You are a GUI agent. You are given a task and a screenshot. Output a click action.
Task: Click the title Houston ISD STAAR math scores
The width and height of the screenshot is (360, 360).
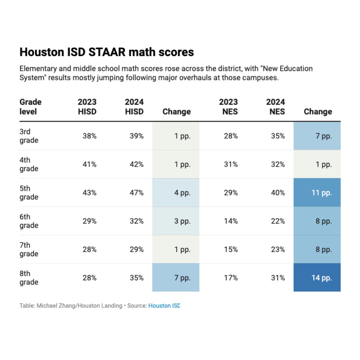click(x=107, y=52)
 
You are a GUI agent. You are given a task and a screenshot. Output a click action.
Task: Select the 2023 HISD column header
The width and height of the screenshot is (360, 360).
click(x=87, y=107)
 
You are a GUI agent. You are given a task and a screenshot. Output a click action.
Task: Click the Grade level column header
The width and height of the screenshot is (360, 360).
click(x=31, y=107)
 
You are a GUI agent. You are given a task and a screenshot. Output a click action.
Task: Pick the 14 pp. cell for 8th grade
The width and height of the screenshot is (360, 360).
click(x=317, y=278)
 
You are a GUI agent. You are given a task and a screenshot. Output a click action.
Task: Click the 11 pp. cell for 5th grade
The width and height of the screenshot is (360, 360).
click(x=317, y=193)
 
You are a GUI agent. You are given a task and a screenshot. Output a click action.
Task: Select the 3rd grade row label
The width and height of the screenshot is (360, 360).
click(x=29, y=136)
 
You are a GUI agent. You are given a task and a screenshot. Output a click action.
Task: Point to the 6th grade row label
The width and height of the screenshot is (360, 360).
click(x=29, y=221)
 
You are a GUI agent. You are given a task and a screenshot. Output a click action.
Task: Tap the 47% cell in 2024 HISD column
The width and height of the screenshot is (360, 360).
click(x=137, y=193)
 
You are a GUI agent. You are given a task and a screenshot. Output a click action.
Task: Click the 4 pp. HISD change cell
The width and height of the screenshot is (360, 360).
click(x=176, y=193)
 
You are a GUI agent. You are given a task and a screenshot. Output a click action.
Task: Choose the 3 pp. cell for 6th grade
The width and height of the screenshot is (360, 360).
click(x=176, y=221)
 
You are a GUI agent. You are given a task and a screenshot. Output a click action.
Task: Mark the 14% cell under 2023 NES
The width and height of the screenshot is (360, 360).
click(x=231, y=221)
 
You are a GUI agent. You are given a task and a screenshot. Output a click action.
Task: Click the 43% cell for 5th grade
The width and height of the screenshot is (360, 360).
click(x=89, y=193)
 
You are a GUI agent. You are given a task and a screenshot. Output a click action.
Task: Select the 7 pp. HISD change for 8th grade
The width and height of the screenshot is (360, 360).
click(x=176, y=278)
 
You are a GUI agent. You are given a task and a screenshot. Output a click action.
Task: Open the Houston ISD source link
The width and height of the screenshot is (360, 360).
click(x=164, y=306)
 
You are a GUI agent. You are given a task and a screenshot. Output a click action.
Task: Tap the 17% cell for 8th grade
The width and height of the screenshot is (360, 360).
click(x=231, y=278)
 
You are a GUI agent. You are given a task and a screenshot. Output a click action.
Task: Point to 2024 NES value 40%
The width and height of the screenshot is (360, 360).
click(x=278, y=193)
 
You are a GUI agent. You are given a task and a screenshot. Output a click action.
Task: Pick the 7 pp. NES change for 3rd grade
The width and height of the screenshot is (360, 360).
click(x=317, y=136)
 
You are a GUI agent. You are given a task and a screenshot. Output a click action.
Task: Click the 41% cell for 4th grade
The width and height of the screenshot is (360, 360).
click(x=89, y=164)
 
